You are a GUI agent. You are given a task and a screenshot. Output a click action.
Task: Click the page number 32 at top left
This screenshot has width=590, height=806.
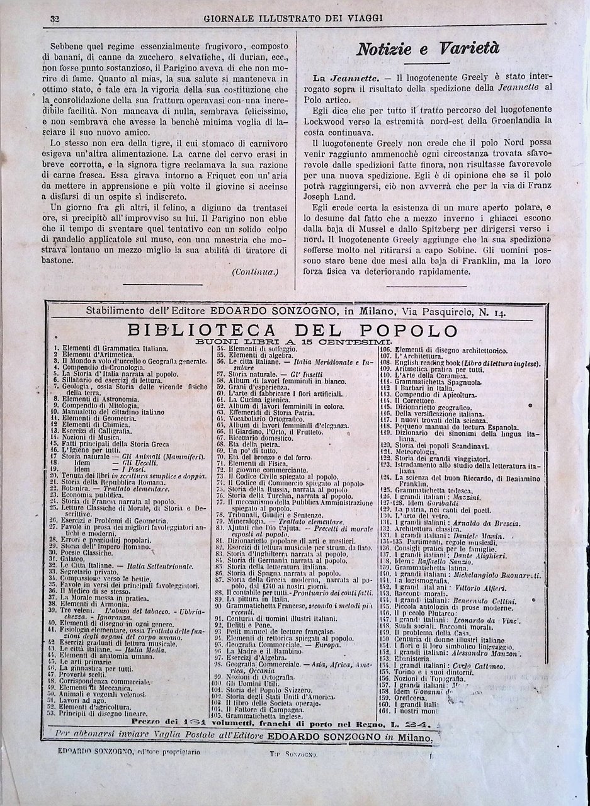(x=54, y=18)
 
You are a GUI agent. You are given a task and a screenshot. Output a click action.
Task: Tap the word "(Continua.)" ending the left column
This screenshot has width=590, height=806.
(x=254, y=271)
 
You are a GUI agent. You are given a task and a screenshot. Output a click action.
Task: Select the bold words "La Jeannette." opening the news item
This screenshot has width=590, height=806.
(x=353, y=77)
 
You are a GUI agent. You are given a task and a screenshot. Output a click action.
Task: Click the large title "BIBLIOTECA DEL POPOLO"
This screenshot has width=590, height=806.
(x=292, y=331)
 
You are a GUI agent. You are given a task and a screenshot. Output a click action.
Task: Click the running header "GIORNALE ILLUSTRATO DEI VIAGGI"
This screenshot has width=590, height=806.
(x=293, y=18)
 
